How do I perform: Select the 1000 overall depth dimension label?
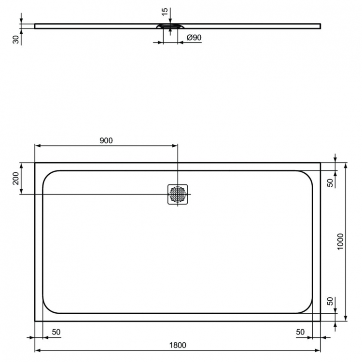click(x=340, y=241)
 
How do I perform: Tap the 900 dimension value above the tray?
click(x=106, y=140)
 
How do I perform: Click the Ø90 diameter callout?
click(x=193, y=38)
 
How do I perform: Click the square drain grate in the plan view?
click(x=178, y=194)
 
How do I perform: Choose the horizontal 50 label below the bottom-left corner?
click(x=56, y=332)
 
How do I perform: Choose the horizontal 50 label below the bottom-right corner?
click(x=300, y=332)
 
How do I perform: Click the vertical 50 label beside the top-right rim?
click(x=330, y=182)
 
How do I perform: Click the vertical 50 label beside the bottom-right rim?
click(x=330, y=301)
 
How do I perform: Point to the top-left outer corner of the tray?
click(x=35, y=163)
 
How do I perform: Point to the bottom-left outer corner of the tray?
click(x=35, y=321)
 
